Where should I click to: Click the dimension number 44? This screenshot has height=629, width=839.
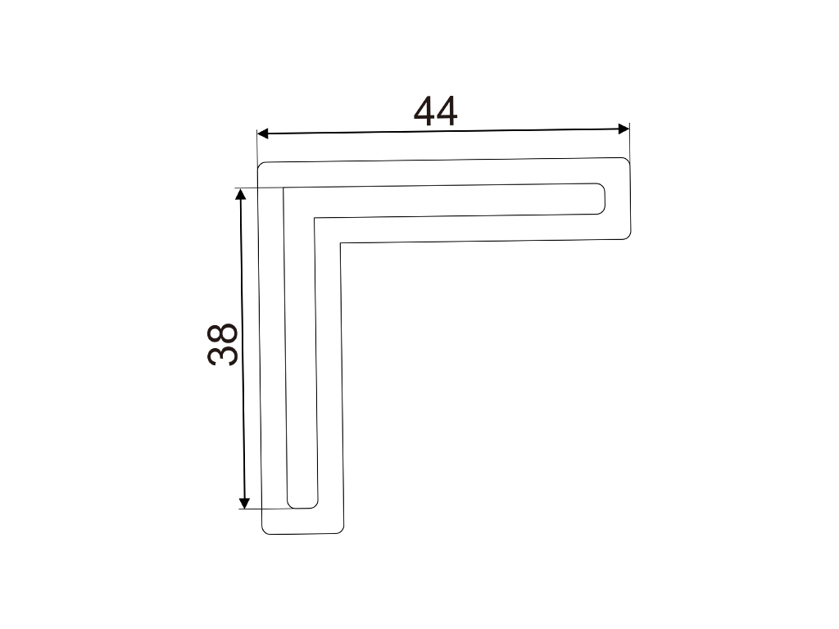click(x=436, y=111)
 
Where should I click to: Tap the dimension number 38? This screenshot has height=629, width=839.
click(x=223, y=345)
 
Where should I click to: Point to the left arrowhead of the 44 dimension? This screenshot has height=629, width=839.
click(x=262, y=133)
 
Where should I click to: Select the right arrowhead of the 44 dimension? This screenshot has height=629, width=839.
click(x=624, y=129)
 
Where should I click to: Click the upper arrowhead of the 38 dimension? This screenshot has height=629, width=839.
click(x=241, y=194)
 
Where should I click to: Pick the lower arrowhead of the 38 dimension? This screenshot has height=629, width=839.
click(x=244, y=503)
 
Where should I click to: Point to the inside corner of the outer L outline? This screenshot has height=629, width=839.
click(x=340, y=244)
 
